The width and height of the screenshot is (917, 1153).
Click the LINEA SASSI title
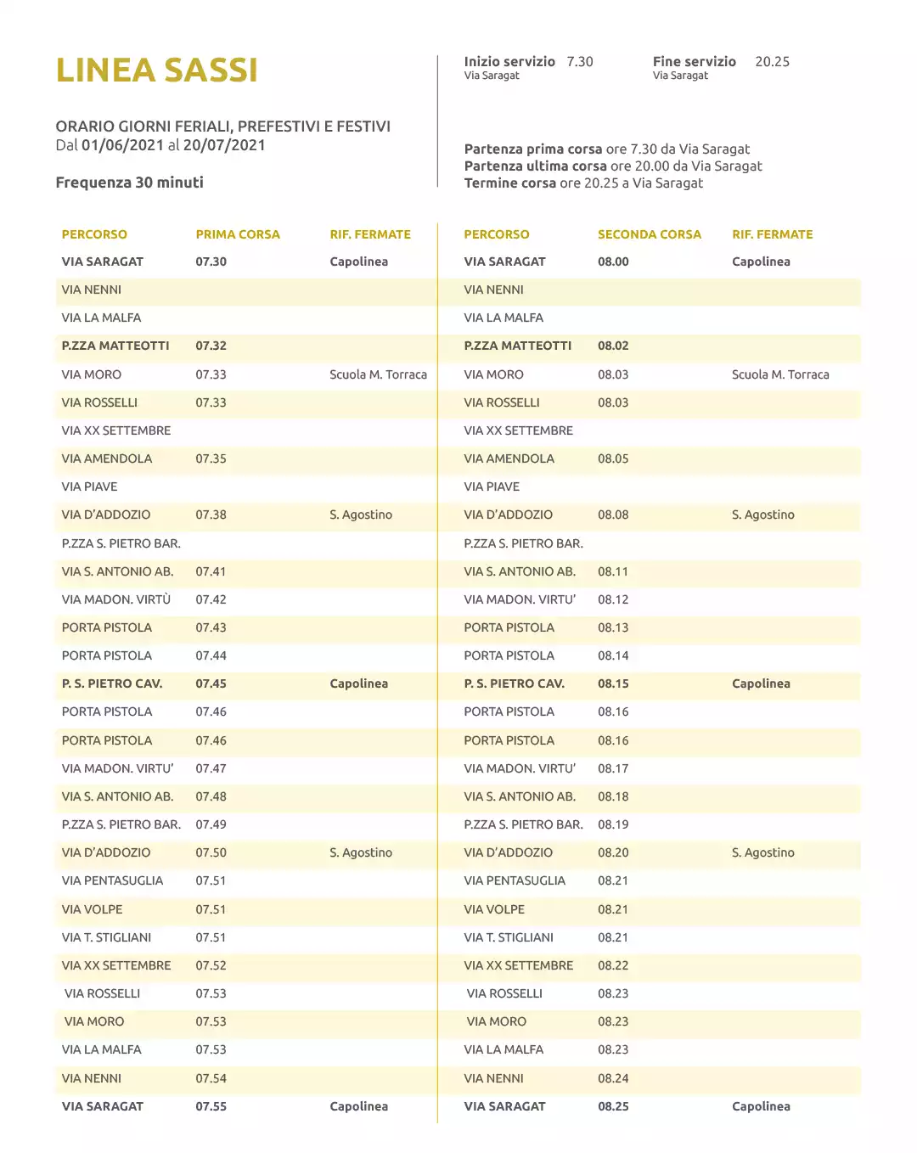pyautogui.click(x=156, y=70)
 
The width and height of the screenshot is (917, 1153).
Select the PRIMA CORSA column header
pyautogui.click(x=237, y=234)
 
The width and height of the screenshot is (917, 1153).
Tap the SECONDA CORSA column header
pyautogui.click(x=649, y=234)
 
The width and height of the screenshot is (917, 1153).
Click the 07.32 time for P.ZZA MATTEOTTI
pyautogui.click(x=211, y=346)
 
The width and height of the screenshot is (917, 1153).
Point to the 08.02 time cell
pyautogui.click(x=613, y=346)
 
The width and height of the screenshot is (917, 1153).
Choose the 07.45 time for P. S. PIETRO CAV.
pyautogui.click(x=211, y=683)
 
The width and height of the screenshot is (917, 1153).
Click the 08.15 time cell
pyautogui.click(x=613, y=683)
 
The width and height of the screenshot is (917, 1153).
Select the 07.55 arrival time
pyautogui.click(x=211, y=1106)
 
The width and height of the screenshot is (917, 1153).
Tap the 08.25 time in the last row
pyautogui.click(x=613, y=1106)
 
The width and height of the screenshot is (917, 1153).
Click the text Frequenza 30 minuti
pyautogui.click(x=129, y=183)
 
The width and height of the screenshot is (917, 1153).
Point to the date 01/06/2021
pyautogui.click(x=122, y=145)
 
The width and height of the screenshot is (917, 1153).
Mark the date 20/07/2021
pyautogui.click(x=224, y=145)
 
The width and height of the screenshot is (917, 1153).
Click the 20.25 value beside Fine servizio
pyautogui.click(x=772, y=62)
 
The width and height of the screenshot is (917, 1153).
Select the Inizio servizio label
pyautogui.click(x=509, y=62)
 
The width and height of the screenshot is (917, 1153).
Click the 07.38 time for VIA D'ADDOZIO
pyautogui.click(x=211, y=515)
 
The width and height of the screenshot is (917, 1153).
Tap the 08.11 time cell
pyautogui.click(x=613, y=571)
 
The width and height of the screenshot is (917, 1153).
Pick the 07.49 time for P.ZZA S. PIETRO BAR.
pyautogui.click(x=211, y=824)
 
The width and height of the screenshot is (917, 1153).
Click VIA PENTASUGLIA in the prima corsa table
pyautogui.click(x=112, y=880)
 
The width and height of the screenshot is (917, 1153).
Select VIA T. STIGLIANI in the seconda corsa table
pyautogui.click(x=509, y=937)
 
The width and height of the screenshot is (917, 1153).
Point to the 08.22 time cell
pyautogui.click(x=613, y=965)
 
